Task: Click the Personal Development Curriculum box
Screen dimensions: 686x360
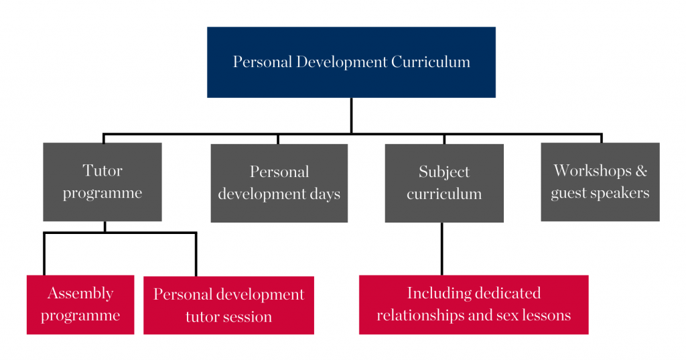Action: point(351,62)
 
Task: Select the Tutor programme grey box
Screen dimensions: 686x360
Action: point(102,182)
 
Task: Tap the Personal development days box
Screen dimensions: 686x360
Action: point(279,183)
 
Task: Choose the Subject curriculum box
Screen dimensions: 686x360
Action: point(444,183)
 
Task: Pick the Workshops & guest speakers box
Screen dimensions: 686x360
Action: point(600,182)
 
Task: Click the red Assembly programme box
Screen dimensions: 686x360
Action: point(80,305)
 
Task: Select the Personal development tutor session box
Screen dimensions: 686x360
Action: point(229,305)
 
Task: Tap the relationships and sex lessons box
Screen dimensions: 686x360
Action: point(474,305)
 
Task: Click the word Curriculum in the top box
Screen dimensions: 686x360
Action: point(431,62)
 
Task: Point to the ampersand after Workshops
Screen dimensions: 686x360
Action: point(641,170)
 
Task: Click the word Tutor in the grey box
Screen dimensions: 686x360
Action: point(102,170)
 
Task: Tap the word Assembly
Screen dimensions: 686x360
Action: point(80,294)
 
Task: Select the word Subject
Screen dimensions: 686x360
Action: point(444,172)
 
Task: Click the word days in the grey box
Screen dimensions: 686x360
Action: point(325,194)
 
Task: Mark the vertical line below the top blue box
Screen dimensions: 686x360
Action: point(351,115)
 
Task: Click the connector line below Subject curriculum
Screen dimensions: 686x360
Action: point(442,249)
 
